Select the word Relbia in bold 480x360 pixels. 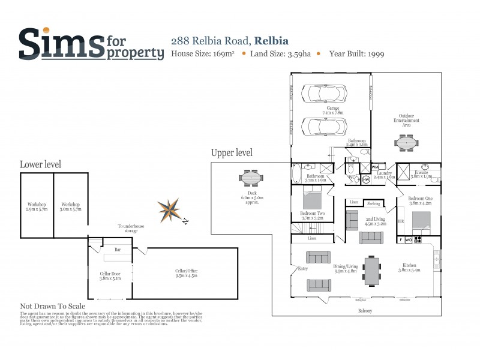tap(271, 41)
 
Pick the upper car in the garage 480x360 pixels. tap(324, 94)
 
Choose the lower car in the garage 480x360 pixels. tap(324, 127)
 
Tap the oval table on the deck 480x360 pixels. tap(251, 178)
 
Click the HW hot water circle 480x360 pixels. tap(366, 179)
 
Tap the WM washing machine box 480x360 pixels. tap(376, 167)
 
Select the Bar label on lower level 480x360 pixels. tap(118, 250)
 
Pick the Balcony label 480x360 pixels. tap(365, 310)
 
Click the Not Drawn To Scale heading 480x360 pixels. tap(53, 305)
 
